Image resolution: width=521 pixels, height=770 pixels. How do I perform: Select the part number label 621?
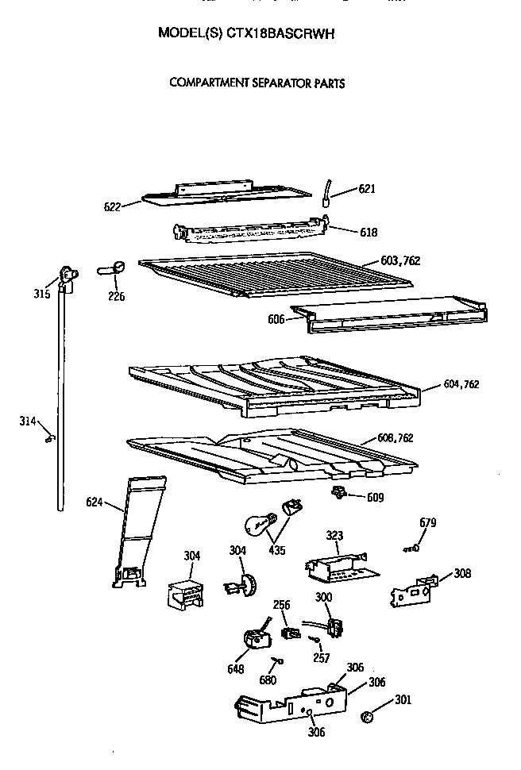pyautogui.click(x=366, y=189)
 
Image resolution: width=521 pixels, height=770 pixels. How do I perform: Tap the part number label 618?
pyautogui.click(x=368, y=233)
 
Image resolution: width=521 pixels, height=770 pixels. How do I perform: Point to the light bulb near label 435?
pyautogui.click(x=258, y=525)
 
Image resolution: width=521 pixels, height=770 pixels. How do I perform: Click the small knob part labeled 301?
pyautogui.click(x=366, y=718)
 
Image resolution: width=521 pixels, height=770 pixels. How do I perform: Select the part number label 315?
pyautogui.click(x=42, y=295)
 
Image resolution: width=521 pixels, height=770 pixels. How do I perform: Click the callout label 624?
pyautogui.click(x=95, y=502)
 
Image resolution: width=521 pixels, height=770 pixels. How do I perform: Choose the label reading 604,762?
pyautogui.click(x=461, y=385)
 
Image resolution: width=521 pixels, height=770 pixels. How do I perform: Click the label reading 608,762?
pyautogui.click(x=395, y=437)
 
